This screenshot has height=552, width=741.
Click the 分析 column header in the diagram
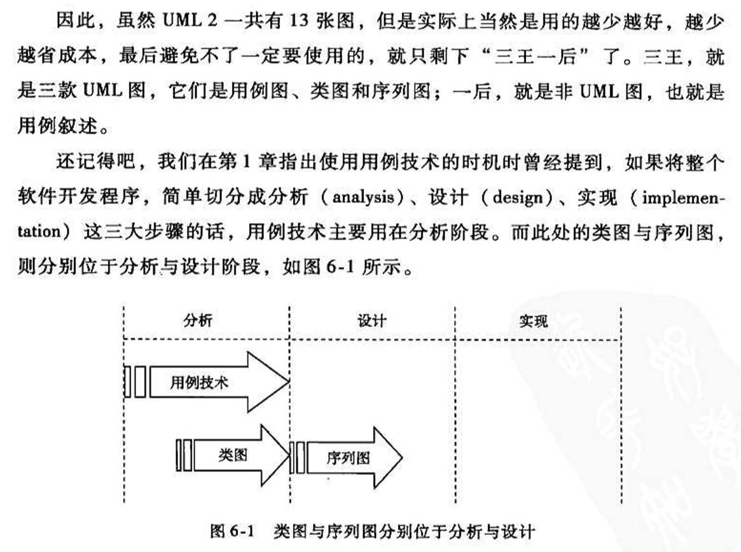coord(198,321)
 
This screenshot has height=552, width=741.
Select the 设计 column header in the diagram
coord(372,321)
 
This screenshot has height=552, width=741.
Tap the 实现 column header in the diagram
coord(534,321)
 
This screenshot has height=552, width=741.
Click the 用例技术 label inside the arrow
coord(199,382)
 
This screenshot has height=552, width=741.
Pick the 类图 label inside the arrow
coord(233,455)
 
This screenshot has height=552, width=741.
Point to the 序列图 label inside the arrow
coord(348,457)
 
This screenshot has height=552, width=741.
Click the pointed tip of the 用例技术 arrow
coord(289,381)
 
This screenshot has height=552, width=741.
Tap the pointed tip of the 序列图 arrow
coord(402,457)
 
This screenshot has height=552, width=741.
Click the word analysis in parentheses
coord(363,197)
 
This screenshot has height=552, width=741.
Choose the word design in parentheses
coord(518,197)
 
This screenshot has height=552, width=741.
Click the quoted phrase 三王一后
coord(535,56)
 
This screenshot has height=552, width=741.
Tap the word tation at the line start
coord(39,231)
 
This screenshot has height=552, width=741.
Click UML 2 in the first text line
coord(190,21)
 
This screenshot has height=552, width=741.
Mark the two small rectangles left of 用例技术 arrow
coord(135,381)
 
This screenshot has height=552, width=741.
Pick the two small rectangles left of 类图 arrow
coord(184,455)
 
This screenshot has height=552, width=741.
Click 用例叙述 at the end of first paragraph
coord(58,125)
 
